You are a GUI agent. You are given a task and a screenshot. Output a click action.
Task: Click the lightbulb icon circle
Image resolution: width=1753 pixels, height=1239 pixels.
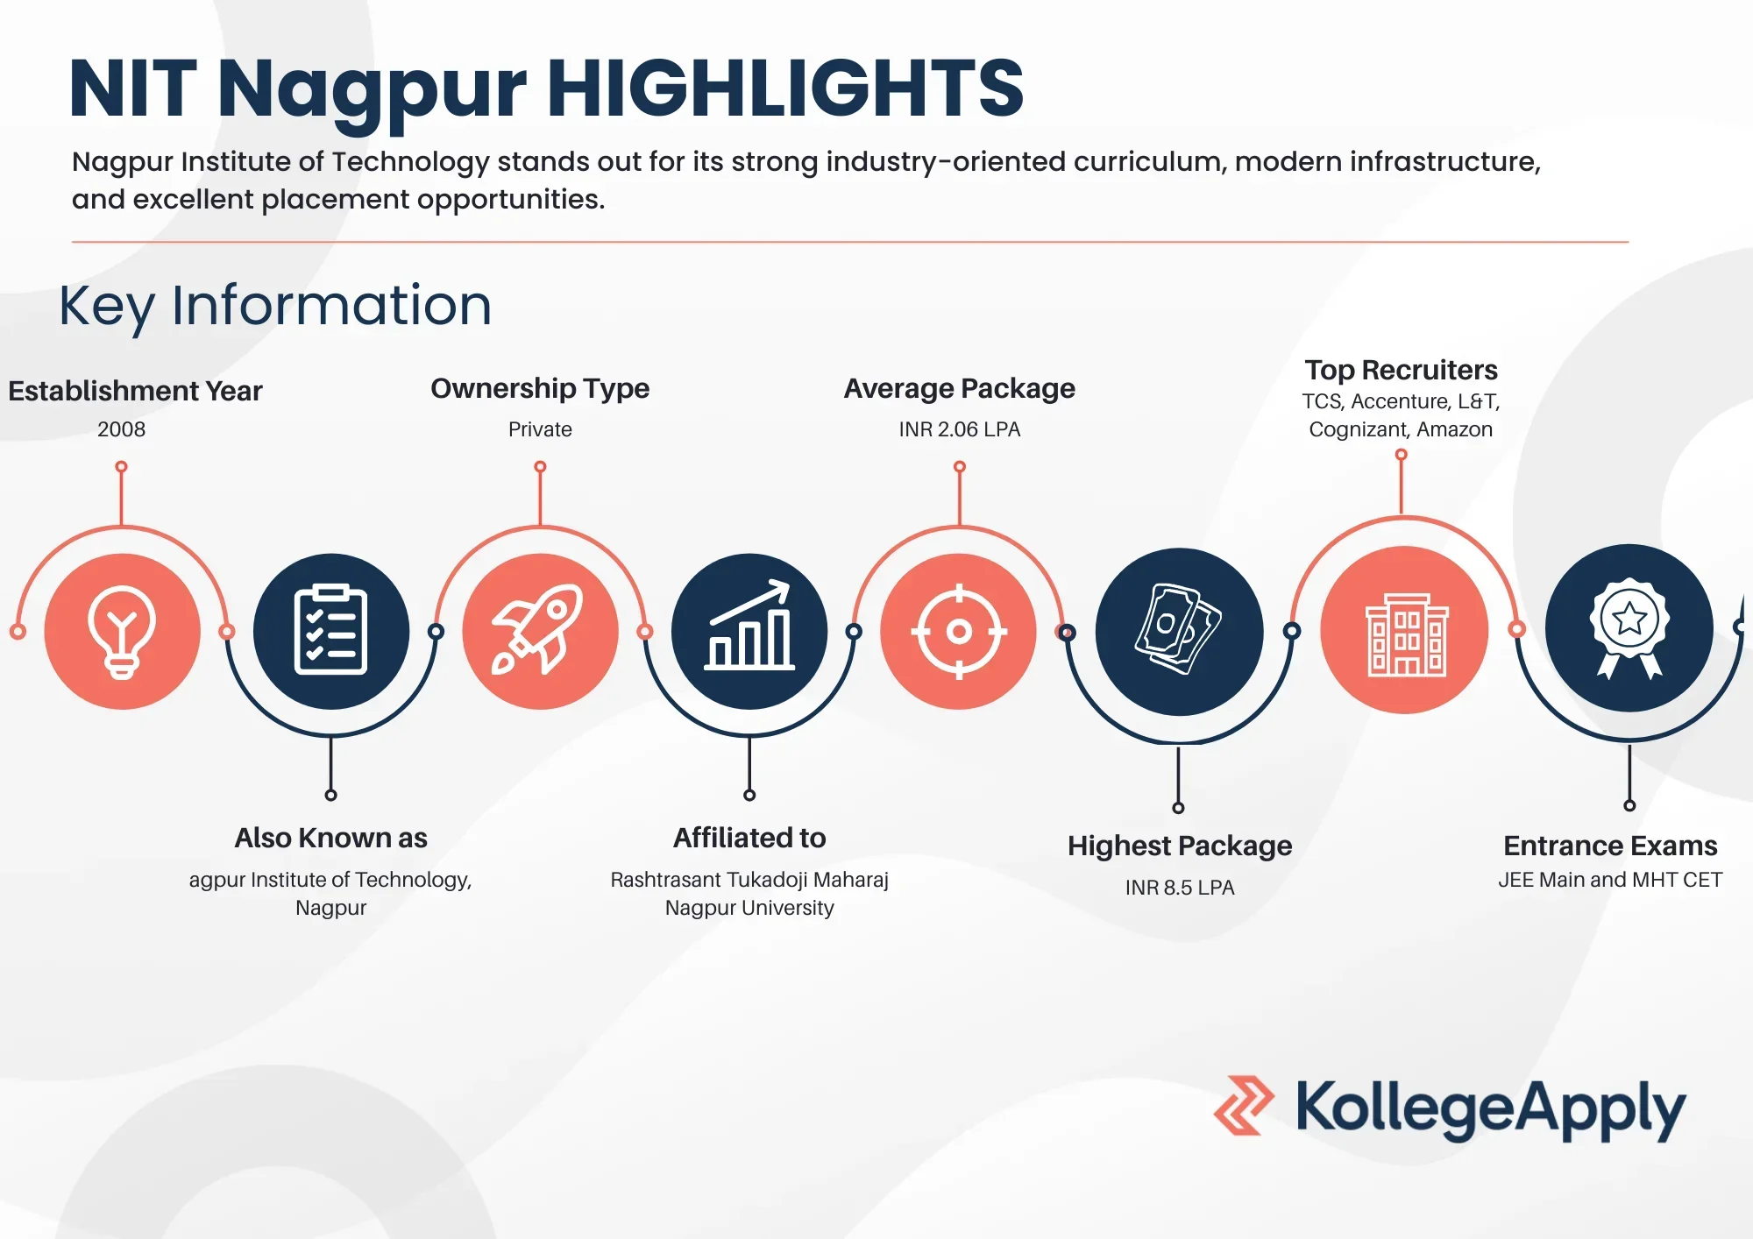pos(122,631)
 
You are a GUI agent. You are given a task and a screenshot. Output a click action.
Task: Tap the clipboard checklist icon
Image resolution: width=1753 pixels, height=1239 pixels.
pos(331,631)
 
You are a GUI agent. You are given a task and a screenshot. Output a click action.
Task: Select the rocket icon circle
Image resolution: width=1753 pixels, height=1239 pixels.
pos(541,631)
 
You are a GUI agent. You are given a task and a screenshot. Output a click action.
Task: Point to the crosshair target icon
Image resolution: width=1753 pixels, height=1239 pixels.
pos(959,631)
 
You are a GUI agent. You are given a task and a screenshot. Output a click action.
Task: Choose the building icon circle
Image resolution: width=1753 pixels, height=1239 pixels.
pos(1405,630)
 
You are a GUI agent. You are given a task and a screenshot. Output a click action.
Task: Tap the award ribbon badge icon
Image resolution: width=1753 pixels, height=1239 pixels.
pos(1629,628)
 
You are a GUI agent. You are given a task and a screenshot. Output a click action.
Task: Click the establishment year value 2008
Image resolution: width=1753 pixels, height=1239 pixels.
pos(122,429)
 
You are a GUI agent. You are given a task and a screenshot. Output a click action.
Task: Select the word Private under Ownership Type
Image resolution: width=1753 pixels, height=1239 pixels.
pos(540,429)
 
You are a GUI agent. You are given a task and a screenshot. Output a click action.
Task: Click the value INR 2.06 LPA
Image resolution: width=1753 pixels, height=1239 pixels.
pos(960,429)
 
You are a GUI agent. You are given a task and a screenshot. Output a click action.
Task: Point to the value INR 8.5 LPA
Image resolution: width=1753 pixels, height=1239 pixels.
pos(1180,888)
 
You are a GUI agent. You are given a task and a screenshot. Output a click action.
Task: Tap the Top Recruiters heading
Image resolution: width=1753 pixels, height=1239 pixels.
pos(1401,370)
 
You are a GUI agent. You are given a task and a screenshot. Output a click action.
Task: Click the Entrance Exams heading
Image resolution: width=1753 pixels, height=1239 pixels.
pos(1610,846)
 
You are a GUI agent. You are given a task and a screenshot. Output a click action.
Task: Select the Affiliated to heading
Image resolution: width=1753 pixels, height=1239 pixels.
pos(749,838)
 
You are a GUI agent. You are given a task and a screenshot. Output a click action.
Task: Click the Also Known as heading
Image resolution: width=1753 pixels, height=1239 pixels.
pos(330,838)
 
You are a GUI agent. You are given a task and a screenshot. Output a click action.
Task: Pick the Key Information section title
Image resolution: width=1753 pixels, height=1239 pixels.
pos(275,306)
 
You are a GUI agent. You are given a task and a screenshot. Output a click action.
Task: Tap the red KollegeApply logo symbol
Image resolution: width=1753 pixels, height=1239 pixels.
pos(1244,1106)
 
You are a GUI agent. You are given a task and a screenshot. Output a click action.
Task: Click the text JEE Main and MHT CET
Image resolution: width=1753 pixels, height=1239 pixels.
pos(1610,880)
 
